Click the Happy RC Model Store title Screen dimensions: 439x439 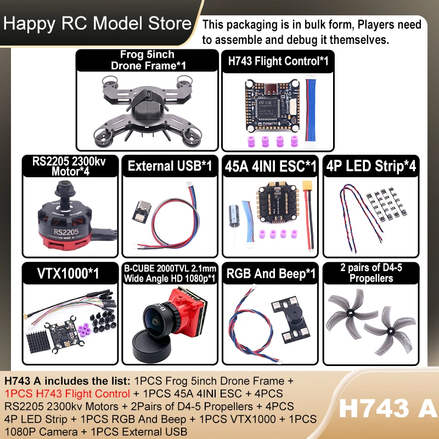[97, 24]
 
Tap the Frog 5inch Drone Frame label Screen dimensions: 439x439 [148, 60]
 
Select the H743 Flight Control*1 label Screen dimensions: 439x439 [278, 61]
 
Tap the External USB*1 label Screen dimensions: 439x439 [170, 166]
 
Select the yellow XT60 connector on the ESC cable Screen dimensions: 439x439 [307, 187]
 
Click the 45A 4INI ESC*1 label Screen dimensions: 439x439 [271, 166]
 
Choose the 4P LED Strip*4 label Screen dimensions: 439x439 [371, 166]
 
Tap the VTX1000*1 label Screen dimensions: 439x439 [68, 273]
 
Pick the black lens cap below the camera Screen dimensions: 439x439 [151, 347]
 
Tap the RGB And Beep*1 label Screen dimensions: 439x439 [271, 273]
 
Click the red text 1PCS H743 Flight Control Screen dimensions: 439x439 [67, 393]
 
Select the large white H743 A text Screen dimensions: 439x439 [389, 408]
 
